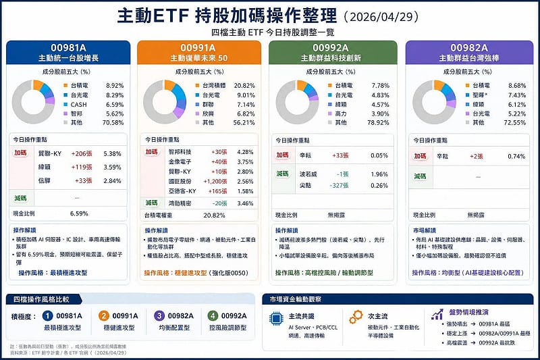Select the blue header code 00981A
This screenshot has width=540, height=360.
click(67, 47)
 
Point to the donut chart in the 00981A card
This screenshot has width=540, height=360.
click(33, 101)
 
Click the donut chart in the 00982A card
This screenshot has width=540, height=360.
click(433, 101)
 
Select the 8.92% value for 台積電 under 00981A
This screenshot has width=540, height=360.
click(115, 86)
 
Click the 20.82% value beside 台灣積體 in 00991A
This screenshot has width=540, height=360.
click(244, 86)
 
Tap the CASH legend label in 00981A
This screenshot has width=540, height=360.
click(79, 105)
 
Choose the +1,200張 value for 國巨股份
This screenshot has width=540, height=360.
click(215, 182)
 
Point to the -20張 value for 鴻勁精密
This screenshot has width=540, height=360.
click(219, 203)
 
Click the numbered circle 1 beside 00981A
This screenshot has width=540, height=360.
click(47, 315)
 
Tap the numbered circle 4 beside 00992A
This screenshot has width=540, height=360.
click(213, 315)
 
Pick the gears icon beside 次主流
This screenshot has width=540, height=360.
click(356, 317)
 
